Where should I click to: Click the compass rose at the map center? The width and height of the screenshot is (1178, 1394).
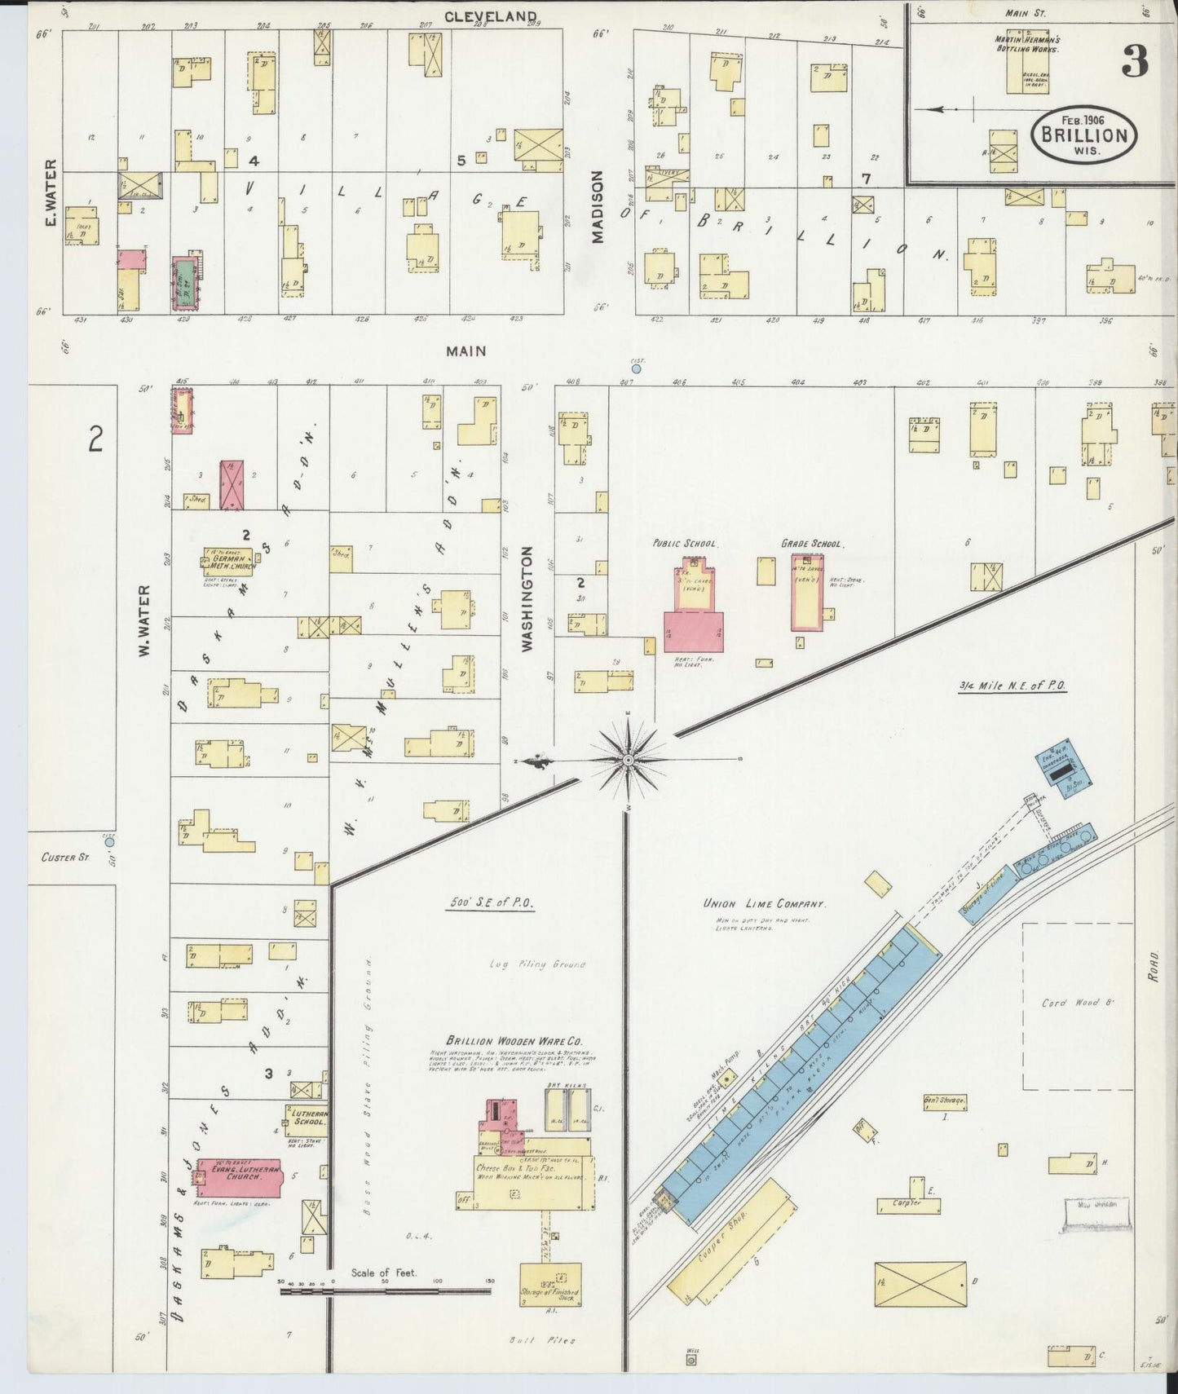(x=628, y=760)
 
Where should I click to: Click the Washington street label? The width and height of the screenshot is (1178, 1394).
(x=527, y=598)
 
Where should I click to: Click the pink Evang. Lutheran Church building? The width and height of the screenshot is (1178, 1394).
(x=236, y=1176)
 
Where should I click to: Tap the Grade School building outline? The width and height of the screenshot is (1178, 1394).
(x=807, y=593)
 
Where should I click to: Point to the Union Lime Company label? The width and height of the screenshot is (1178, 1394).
(x=765, y=904)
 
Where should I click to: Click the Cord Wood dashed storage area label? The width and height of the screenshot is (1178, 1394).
(x=1076, y=1004)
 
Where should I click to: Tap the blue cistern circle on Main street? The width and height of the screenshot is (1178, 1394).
(x=636, y=368)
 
